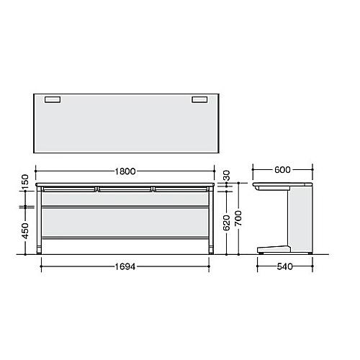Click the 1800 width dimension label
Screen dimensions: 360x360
(125, 171)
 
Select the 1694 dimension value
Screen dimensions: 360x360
(125, 266)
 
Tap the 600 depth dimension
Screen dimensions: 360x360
(282, 170)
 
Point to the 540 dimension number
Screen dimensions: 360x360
(284, 266)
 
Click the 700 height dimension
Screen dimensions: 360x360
(238, 218)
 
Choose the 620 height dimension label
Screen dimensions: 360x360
(226, 222)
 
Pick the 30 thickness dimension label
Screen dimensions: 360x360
(226, 176)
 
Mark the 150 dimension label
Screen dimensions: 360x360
(25, 182)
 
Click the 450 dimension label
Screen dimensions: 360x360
(25, 230)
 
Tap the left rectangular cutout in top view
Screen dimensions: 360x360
(53, 99)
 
